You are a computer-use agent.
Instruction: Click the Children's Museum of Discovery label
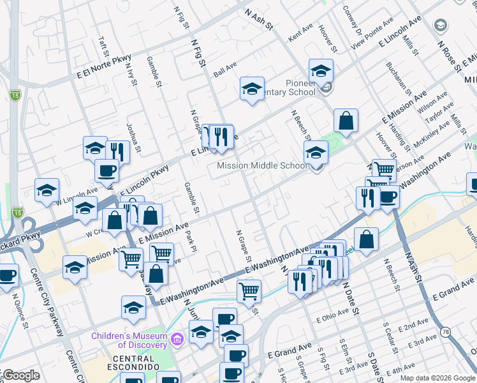click(x=129, y=336)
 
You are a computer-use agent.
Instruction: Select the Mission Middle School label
click(x=262, y=166)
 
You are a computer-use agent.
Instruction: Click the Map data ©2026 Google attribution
click(x=437, y=378)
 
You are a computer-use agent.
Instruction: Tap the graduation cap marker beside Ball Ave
click(x=253, y=89)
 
